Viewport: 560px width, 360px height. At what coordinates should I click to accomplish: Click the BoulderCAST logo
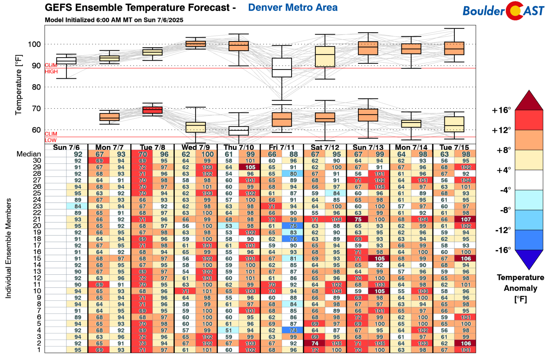click(x=503, y=11)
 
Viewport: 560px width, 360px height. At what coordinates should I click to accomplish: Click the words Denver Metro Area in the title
click(x=293, y=8)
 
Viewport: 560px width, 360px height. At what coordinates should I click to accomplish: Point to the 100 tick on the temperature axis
click(x=34, y=44)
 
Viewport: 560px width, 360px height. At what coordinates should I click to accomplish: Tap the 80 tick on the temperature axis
click(x=36, y=87)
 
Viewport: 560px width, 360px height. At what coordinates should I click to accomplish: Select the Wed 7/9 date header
click(x=196, y=148)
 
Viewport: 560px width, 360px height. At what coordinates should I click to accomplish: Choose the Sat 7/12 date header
click(x=325, y=148)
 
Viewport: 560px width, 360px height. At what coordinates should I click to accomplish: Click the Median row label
click(x=28, y=154)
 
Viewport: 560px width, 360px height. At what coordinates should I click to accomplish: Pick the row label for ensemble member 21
click(x=37, y=219)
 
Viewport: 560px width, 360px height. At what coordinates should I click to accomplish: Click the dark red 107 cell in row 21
click(x=466, y=219)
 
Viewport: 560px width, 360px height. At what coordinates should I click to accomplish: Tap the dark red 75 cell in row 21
click(x=358, y=219)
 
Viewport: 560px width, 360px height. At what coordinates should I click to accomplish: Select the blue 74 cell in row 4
click(x=293, y=330)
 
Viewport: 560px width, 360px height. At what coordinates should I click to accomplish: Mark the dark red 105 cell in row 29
click(x=250, y=167)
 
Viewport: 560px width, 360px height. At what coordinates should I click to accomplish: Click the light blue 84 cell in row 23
click(x=78, y=206)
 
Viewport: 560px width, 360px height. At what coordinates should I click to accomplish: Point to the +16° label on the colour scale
click(x=501, y=111)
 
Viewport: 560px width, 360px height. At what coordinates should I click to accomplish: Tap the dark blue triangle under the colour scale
click(x=529, y=259)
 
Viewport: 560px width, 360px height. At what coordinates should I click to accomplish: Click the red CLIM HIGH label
click(x=51, y=68)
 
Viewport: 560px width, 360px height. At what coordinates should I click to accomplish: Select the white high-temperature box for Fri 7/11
click(x=282, y=68)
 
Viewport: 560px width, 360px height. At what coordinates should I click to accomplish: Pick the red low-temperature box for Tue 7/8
click(x=152, y=110)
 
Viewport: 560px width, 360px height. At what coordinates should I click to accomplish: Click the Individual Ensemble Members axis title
click(x=8, y=248)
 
